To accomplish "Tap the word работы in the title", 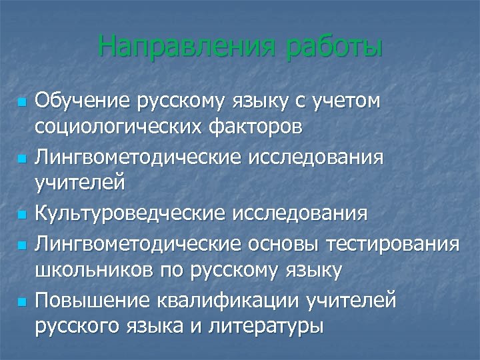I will [x=334, y=49].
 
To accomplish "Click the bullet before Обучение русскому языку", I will [x=21, y=103].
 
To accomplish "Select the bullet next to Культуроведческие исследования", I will [x=21, y=217].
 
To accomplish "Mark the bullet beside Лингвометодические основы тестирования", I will [x=21, y=246].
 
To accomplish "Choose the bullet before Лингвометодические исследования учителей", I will [x=21, y=160].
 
